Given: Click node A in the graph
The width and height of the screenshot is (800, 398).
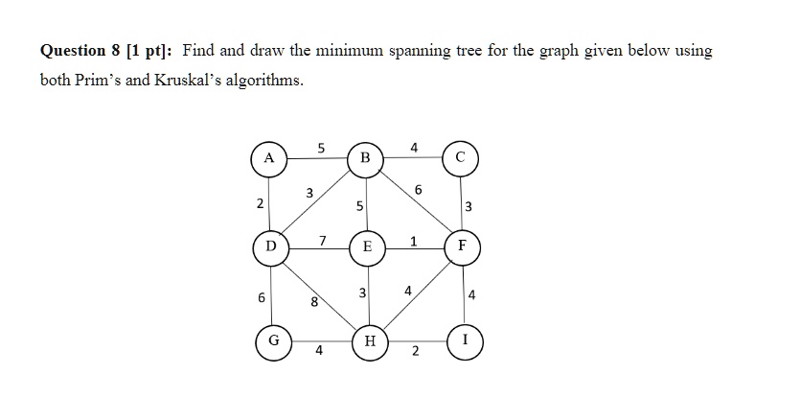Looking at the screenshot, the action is [x=269, y=159].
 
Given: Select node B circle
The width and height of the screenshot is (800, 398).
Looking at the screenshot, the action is [x=365, y=159].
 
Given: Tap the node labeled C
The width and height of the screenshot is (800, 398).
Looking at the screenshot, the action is [x=461, y=158].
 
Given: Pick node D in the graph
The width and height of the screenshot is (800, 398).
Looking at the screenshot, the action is [x=271, y=247].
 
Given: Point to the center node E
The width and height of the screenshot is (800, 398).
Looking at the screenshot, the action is [x=367, y=247].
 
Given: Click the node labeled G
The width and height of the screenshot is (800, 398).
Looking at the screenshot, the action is [x=274, y=341].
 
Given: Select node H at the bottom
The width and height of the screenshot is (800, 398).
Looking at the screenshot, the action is [x=370, y=341].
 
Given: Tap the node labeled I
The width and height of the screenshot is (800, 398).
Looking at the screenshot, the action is [x=465, y=341].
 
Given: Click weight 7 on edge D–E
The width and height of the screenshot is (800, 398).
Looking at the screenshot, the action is [x=323, y=240].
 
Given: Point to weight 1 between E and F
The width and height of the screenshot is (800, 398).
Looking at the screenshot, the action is [x=413, y=241].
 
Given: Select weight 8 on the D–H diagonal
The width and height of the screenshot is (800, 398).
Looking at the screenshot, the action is [x=315, y=302].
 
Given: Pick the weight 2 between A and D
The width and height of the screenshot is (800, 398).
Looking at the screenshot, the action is [x=261, y=204].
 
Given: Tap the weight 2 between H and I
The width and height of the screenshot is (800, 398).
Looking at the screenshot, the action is [x=415, y=352].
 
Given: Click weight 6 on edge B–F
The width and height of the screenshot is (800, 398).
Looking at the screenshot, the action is [x=419, y=190].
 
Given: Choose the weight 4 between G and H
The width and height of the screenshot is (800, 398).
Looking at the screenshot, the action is [x=319, y=350].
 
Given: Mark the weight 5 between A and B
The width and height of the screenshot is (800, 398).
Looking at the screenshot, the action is [x=321, y=148].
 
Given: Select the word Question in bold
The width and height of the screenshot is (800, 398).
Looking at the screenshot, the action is [x=73, y=51].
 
